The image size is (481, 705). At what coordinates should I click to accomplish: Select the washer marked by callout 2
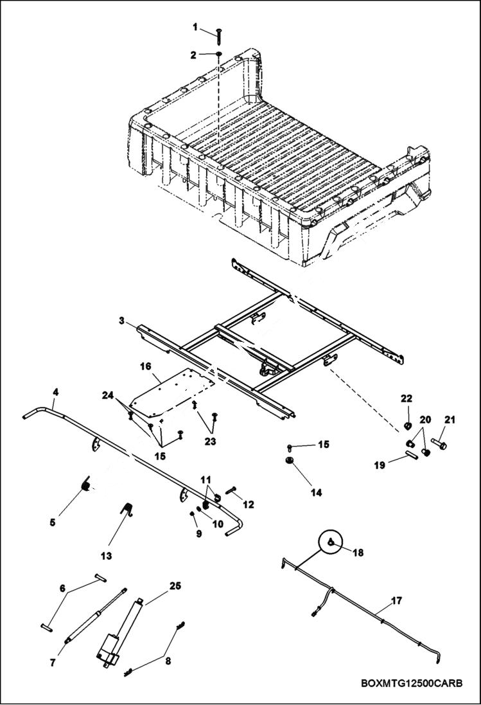click(x=219, y=55)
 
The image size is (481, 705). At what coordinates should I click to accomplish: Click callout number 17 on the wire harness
click(x=396, y=601)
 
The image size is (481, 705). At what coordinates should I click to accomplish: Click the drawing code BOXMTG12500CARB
click(x=411, y=683)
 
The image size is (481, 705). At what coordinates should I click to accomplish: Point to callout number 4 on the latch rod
click(x=55, y=391)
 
